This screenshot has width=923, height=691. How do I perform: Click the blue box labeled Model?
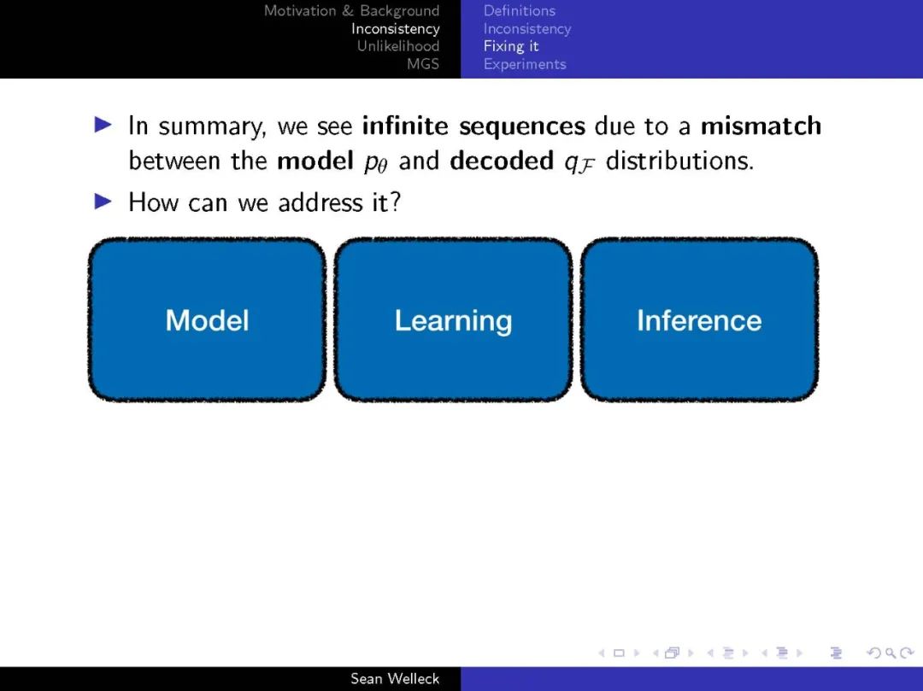207,320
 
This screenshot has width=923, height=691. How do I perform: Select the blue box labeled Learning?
453,320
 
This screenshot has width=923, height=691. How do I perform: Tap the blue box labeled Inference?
699,320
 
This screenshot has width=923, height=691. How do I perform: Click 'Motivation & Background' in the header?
351,10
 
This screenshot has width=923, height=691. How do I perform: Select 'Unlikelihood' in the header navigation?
398,46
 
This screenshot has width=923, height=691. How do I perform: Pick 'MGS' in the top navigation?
423,63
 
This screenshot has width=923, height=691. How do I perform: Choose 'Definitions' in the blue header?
520,10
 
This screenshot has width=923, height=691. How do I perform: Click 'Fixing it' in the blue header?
511,46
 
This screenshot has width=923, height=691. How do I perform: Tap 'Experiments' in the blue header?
525,64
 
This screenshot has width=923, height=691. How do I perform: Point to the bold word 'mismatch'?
761,126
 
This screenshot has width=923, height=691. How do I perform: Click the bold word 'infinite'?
405,126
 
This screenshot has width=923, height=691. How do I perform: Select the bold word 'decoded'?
502,161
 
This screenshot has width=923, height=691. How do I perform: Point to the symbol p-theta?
375,163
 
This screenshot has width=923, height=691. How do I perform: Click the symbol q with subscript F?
579,163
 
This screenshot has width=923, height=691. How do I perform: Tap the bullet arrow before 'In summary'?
103,125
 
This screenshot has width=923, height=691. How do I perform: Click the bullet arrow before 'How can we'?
103,202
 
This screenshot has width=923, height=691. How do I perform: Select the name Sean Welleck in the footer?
395,679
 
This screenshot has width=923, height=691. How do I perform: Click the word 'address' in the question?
320,202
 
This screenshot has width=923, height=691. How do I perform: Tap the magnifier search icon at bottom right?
891,653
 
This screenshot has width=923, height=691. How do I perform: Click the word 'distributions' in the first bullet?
679,161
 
